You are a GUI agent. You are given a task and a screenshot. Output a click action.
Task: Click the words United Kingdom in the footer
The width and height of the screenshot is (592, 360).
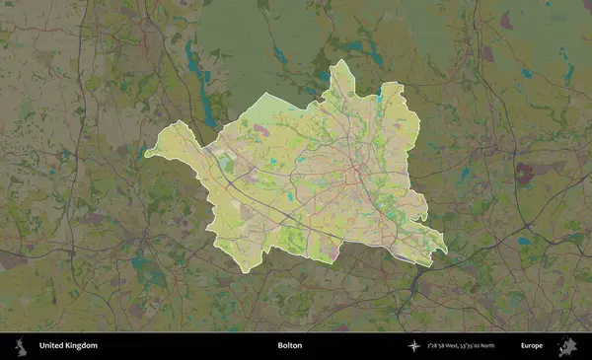coord(68,346)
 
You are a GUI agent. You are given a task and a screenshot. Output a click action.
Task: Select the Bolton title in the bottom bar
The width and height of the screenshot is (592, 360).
coord(290,346)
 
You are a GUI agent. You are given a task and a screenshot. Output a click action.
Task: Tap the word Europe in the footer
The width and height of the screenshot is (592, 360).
coord(532,346)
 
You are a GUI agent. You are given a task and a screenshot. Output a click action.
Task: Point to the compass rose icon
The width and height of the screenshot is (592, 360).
coord(415,346)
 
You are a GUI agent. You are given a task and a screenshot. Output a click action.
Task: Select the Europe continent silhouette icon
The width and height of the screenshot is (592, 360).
coord(567,346)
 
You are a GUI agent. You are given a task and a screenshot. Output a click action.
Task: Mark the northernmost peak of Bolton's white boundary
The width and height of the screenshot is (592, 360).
coord(340,61)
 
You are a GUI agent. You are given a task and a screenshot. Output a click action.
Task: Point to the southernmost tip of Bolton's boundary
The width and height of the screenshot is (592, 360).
coord(244,271)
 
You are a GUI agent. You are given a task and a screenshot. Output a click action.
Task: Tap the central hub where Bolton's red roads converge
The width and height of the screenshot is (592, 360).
coord(356,176)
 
